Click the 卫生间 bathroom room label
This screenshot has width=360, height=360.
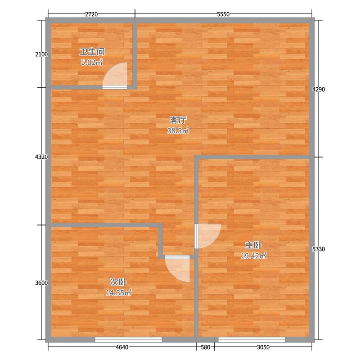pos(92,52)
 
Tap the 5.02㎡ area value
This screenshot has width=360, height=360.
pos(92,62)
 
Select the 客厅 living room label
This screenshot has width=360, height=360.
pos(178,120)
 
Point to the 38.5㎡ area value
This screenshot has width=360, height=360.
pos(178,130)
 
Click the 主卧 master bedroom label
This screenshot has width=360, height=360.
pos(253,245)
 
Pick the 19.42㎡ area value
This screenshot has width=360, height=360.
pos(253,256)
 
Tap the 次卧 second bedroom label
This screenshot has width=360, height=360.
pos(118,282)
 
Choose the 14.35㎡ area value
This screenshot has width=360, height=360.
pos(118,293)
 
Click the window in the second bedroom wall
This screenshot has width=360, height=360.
pos(128,340)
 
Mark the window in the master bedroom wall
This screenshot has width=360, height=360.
pos(252,340)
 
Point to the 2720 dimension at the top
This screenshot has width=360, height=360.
pos(91,14)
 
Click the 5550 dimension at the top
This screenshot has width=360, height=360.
pos(223,14)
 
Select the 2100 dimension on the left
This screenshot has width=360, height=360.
pos(41,54)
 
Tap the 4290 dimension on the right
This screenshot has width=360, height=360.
pos(319,89)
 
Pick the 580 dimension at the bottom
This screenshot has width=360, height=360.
pos(205,347)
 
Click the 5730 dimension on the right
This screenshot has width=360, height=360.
pos(319,249)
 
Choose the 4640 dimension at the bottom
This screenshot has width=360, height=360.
pos(122,347)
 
